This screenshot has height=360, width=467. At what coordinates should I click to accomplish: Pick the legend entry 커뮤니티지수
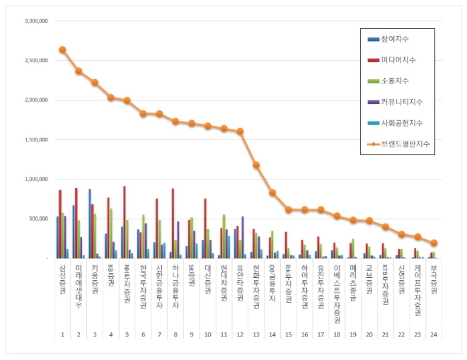(x=400, y=102)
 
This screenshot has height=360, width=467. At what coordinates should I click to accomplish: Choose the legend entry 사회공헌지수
(x=400, y=122)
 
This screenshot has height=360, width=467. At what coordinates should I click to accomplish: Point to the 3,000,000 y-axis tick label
(x=35, y=21)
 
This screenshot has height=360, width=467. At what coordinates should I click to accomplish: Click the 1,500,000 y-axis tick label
(x=35, y=140)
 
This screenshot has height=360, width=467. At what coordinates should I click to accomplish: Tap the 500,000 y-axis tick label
(x=38, y=219)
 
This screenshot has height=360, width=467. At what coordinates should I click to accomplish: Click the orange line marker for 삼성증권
(x=62, y=50)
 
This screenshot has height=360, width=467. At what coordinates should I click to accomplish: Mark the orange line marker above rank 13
(x=256, y=165)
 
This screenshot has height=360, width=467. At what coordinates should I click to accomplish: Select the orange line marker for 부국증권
(x=434, y=243)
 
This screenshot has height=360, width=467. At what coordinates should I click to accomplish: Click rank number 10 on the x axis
(x=207, y=335)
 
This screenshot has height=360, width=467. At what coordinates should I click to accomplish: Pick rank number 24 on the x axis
(x=434, y=335)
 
